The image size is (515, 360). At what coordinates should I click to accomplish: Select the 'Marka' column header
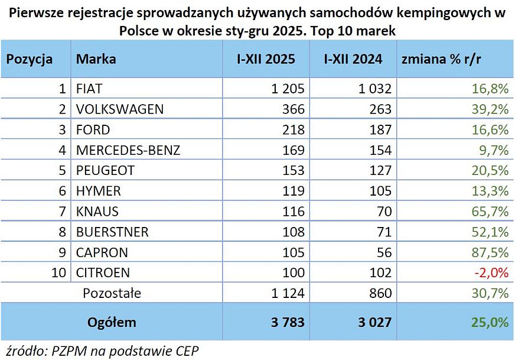96,59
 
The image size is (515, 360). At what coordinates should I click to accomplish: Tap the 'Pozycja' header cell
30,59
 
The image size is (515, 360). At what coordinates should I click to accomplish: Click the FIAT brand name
89,89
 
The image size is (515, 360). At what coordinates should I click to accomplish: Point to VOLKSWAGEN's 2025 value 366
294,109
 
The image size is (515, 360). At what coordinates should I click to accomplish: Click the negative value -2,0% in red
492,273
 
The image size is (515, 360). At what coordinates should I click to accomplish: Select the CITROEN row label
103,273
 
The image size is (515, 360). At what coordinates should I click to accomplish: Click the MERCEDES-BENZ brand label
128,150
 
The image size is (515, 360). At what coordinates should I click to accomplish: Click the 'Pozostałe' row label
112,293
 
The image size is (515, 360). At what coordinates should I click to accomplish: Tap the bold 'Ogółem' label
112,322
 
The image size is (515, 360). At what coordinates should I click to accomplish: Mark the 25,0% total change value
490,322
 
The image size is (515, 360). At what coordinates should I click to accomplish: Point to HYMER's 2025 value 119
294,191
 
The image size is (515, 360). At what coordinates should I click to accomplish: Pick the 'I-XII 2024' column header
353,59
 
